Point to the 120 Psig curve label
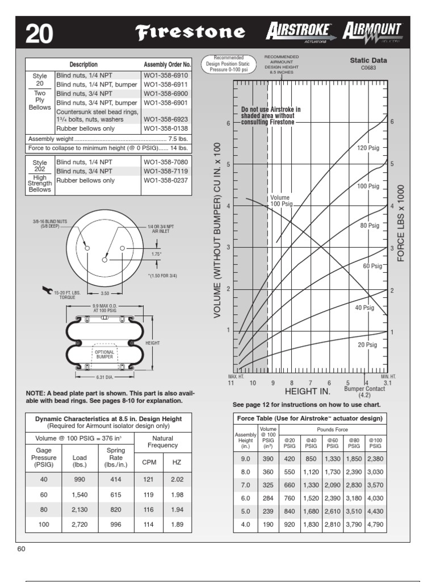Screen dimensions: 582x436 point(367,148)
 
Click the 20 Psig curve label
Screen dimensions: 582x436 point(367,344)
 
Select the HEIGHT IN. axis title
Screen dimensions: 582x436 point(308,392)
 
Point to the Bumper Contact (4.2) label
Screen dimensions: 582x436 point(364,392)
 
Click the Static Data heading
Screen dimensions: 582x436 point(368,60)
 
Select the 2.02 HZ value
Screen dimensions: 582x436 point(177,479)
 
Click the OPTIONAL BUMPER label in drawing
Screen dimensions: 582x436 point(104,355)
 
